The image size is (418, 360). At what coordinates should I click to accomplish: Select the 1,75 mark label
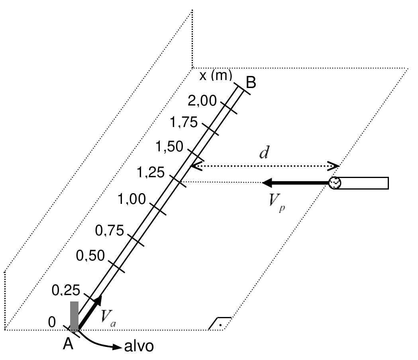point(184,123)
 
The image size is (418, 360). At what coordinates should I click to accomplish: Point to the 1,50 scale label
point(169,147)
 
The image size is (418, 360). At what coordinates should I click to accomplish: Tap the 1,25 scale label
point(151,172)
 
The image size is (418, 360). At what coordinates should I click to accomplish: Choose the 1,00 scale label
point(131,199)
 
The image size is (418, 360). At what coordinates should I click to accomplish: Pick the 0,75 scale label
point(110,231)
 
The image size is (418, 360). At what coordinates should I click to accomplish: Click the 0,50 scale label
point(90,256)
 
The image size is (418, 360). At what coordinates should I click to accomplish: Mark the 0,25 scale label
point(66,290)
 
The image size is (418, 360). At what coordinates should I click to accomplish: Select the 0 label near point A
point(52,322)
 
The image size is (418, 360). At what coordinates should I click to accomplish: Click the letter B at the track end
point(251,82)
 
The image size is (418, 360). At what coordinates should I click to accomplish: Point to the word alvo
point(139,346)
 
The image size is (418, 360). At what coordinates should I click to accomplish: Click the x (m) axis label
point(216,75)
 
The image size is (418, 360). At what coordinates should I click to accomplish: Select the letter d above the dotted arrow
point(264,153)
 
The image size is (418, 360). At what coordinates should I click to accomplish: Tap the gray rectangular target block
point(75,316)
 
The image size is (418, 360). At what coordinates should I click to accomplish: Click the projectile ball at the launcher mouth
point(335,183)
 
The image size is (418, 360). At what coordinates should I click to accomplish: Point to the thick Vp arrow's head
point(267,183)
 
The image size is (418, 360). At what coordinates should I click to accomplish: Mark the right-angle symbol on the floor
point(220,323)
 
